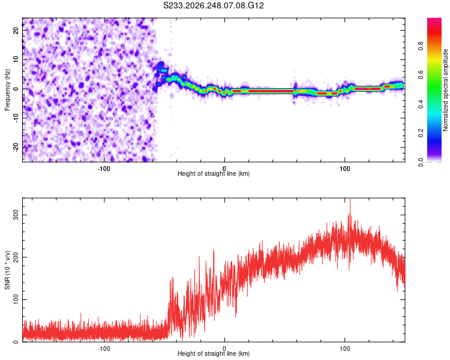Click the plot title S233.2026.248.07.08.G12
point(213,5)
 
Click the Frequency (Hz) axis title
point(7,90)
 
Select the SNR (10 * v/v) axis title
point(7,270)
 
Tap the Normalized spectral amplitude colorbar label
point(445,90)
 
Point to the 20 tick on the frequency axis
point(16,31)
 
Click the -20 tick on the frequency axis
point(16,147)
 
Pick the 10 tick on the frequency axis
point(16,59)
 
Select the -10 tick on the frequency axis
point(16,118)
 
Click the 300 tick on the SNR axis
point(16,215)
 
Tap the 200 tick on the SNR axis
point(16,257)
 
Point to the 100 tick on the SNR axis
point(16,299)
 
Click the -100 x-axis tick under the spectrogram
point(104,169)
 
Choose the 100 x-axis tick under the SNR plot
point(344,349)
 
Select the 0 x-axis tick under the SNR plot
point(224,349)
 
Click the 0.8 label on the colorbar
point(421,46)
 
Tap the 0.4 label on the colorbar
point(421,104)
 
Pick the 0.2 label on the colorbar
point(421,133)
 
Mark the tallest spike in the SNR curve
point(350,199)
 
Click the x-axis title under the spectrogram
point(214,173)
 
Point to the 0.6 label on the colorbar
point(421,75)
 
